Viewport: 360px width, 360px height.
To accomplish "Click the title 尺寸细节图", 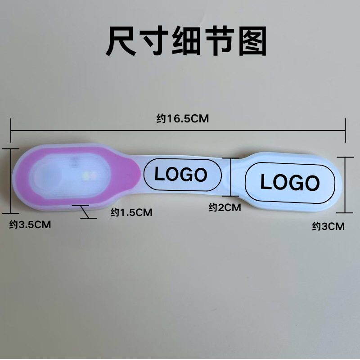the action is click(186, 42).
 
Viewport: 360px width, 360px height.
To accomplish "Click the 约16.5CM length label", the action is click(183, 119).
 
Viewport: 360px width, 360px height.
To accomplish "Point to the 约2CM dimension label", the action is click(225, 207).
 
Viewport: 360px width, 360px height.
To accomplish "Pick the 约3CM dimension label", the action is click(328, 227).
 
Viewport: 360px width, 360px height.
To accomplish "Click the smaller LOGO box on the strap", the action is click(182, 174).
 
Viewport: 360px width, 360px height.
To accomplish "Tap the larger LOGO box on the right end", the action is click(290, 182).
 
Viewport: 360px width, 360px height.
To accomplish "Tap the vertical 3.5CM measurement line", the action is click(12, 180).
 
